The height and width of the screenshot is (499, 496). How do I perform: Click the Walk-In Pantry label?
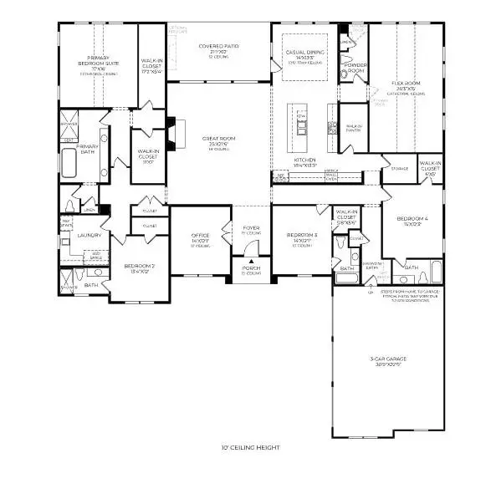pos(353,128)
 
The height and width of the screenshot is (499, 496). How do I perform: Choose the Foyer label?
pos(251,227)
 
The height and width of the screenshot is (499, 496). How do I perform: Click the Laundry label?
pos(89,236)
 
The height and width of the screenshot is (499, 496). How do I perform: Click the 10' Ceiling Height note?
pos(248,448)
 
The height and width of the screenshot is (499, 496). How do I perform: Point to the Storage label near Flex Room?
pos(399,169)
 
